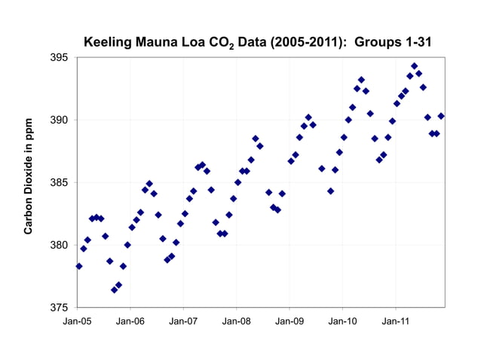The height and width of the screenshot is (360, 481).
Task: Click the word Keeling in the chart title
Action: click(107, 42)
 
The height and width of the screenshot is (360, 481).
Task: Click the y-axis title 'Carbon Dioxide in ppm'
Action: click(29, 175)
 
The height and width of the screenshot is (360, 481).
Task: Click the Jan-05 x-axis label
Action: click(77, 321)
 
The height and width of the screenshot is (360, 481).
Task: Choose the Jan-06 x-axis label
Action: click(130, 321)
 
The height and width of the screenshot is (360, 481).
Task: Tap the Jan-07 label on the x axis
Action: click(183, 321)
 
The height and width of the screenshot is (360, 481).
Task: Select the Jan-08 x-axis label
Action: click(237, 321)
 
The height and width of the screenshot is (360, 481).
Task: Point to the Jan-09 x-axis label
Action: click(290, 321)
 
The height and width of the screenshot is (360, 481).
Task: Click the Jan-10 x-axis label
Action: click(343, 321)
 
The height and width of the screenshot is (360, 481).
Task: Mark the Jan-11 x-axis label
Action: click(396, 321)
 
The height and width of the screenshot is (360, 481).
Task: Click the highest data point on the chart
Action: click(415, 66)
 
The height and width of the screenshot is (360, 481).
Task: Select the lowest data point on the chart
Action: click(115, 290)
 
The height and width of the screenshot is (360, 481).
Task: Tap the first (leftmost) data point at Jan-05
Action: click(79, 266)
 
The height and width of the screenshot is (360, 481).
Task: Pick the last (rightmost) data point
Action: click(441, 116)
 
